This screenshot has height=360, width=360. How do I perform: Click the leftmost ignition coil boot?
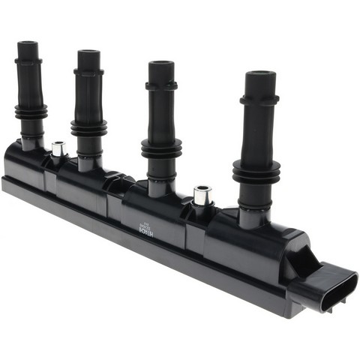coord(29,90)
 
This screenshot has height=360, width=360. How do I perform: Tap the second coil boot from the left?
coord(88,97)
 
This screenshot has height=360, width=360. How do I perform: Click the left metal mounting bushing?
coord(58,148)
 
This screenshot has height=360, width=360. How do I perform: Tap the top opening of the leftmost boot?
coord(28,44)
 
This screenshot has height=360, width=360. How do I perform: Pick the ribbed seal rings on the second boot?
coord(88,127)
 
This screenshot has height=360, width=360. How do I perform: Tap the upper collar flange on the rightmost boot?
coord(259,98)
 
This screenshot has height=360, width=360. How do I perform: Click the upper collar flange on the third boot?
coord(161,85)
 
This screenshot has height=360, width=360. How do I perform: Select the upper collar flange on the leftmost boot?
coord(28,61)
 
